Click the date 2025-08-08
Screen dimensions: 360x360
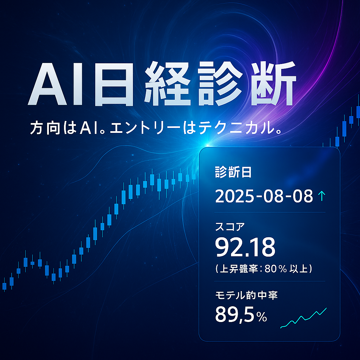click(x=264, y=196)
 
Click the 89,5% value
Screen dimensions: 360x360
click(x=241, y=315)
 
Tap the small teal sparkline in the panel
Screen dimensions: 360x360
click(x=303, y=318)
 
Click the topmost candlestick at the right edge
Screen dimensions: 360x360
click(x=358, y=112)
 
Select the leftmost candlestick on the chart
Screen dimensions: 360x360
click(x=4, y=286)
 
